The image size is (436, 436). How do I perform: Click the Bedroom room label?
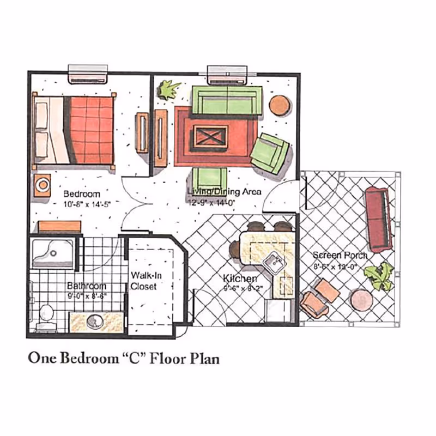pos(82,194)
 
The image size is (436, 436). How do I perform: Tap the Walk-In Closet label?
pos(143,281)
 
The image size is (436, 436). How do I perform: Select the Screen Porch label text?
pos(340,255)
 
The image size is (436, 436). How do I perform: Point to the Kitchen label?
pos(240,279)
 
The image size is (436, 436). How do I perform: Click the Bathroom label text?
pos(87,286)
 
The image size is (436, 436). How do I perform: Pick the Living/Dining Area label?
pos(225,192)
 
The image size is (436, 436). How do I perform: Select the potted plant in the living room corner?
pos(169,89)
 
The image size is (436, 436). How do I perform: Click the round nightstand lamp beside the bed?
pos(43,184)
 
